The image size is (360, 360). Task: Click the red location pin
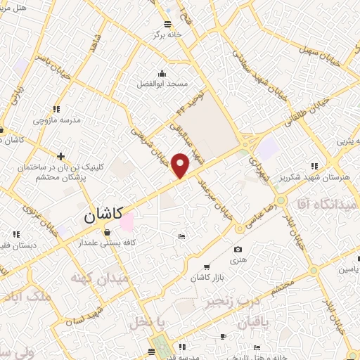181,165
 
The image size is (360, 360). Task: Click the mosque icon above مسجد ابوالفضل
163,73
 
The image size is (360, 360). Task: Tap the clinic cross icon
62,156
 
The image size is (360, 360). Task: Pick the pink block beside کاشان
127,223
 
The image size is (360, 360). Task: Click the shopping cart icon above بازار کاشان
206,267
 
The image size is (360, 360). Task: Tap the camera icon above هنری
238,250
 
